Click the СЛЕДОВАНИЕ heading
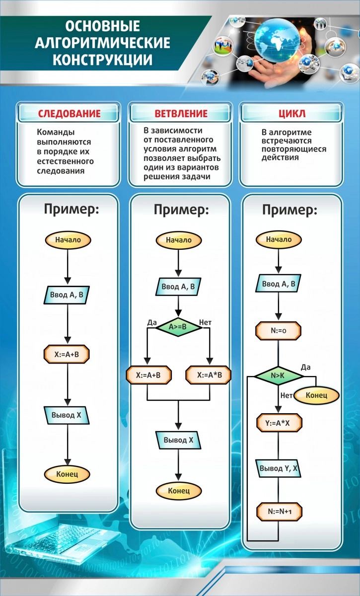pyautogui.click(x=70, y=114)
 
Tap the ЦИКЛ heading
pyautogui.click(x=292, y=114)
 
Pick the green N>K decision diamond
pyautogui.click(x=279, y=376)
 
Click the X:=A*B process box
pyautogui.click(x=208, y=375)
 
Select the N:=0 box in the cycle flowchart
pyautogui.click(x=279, y=330)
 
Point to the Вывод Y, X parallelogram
pyautogui.click(x=280, y=467)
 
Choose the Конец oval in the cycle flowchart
pyautogui.click(x=316, y=395)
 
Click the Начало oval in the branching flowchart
pyautogui.click(x=179, y=240)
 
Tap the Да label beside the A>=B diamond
pyautogui.click(x=152, y=322)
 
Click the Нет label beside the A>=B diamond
pyautogui.click(x=205, y=322)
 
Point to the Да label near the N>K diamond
pyautogui.click(x=306, y=367)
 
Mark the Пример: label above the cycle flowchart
pyautogui.click(x=289, y=210)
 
